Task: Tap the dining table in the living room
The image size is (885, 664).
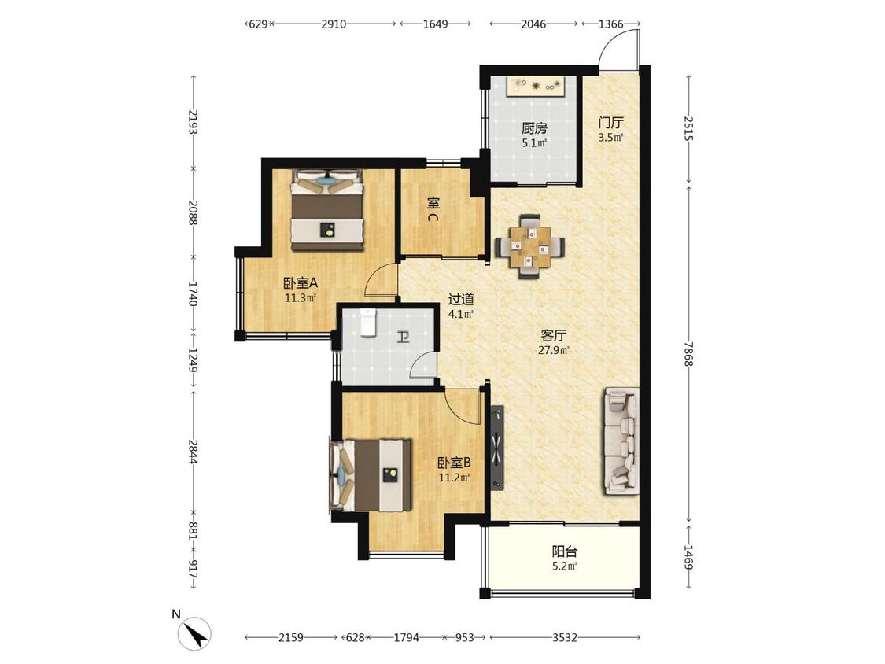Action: (x=529, y=247)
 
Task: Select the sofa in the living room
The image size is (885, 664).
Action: (x=622, y=441)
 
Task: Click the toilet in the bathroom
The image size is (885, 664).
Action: (x=367, y=323)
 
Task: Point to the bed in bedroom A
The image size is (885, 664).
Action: (x=326, y=209)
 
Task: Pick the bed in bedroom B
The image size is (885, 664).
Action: (x=371, y=475)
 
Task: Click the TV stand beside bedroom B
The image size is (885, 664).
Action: (x=496, y=448)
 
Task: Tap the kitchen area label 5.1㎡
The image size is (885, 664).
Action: (x=534, y=143)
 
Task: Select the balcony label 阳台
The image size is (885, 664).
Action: (x=564, y=551)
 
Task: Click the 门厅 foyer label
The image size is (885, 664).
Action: (x=610, y=123)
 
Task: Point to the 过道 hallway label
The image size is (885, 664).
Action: (x=460, y=299)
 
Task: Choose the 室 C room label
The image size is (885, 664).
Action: (x=433, y=209)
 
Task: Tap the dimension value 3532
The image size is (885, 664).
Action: (x=564, y=637)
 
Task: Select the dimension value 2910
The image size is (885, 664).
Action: (x=334, y=24)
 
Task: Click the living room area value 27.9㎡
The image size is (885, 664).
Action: (x=554, y=350)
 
